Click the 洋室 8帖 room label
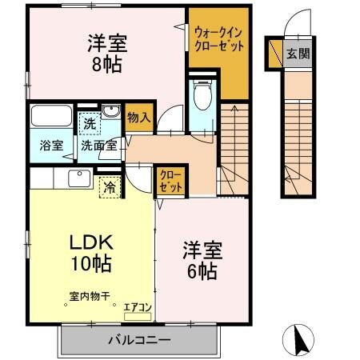click(x=103, y=54)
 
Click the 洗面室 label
click(x=98, y=146)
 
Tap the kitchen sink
click(x=78, y=178)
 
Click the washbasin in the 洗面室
click(x=113, y=112)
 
